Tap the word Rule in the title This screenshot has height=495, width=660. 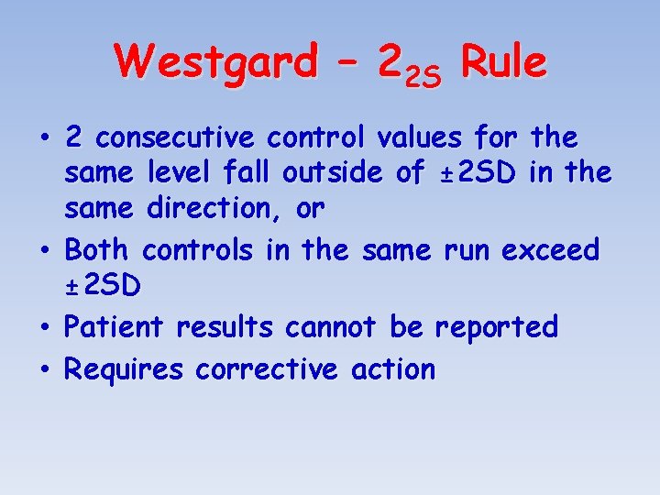504,63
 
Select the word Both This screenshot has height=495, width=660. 100,249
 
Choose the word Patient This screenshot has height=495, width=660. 116,327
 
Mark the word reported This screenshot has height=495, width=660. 496,327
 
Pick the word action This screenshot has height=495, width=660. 393,369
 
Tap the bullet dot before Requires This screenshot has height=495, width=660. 45,370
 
